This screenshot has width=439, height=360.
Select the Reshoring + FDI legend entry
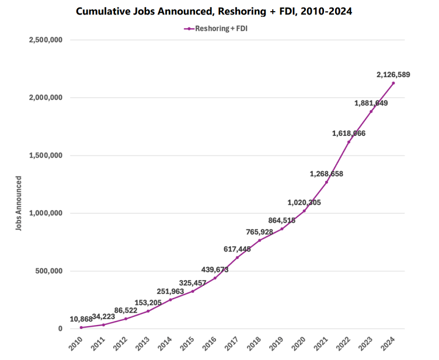coord(219,28)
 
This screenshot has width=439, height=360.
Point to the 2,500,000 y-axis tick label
coord(45,40)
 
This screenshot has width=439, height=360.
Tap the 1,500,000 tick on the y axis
coord(45,156)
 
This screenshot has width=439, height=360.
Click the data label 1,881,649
coord(371,103)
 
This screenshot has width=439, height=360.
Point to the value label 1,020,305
coord(304,202)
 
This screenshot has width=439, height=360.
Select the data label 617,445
coord(237,249)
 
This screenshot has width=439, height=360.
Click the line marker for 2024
coord(393,83)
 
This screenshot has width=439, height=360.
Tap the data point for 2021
coord(326,182)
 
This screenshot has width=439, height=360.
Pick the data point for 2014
coord(170,300)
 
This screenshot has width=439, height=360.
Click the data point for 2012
coord(126,319)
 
